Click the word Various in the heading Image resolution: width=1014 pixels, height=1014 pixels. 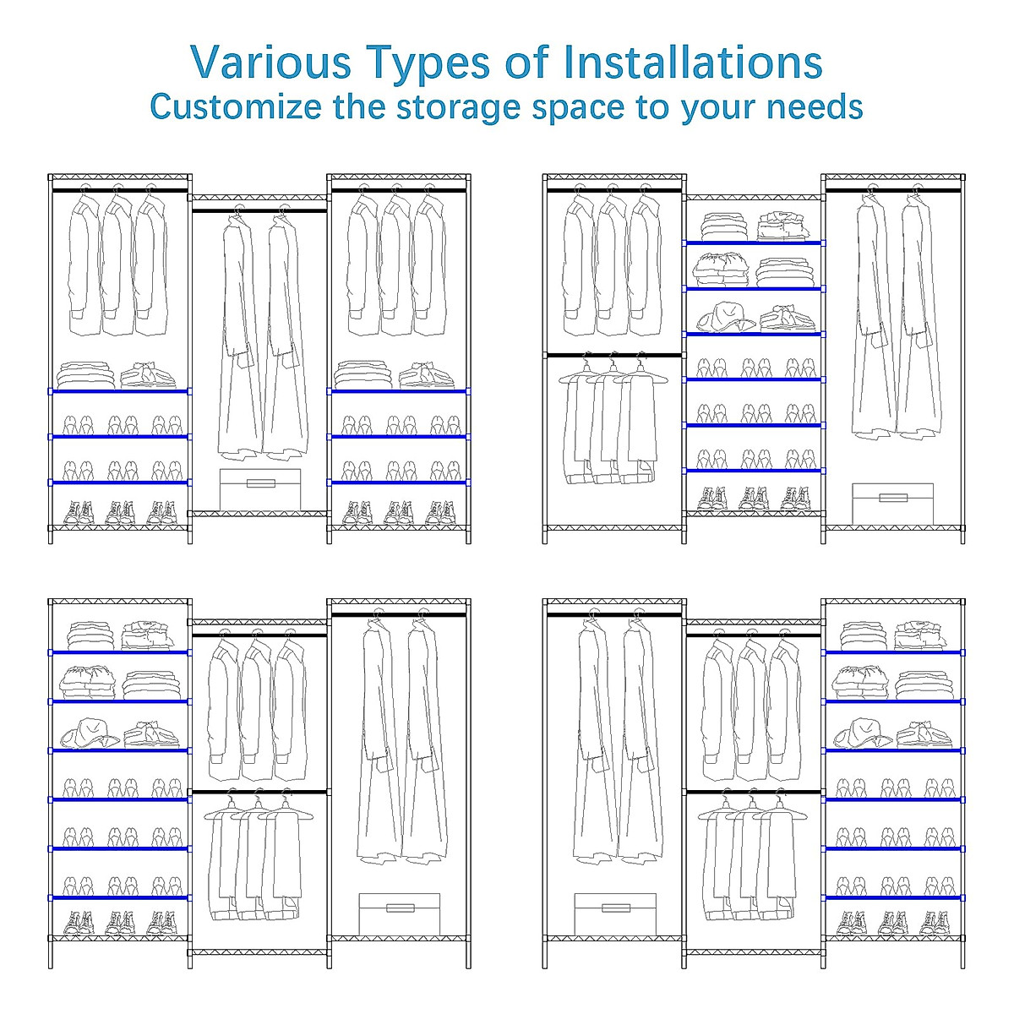[x=270, y=63]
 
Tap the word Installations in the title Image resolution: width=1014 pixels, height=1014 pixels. [x=693, y=63]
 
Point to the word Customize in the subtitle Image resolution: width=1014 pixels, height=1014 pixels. [x=236, y=107]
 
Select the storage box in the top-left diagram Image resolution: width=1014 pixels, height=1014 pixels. [x=260, y=489]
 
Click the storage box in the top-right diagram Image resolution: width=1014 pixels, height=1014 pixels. [x=892, y=504]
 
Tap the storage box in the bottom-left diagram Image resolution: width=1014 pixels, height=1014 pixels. [x=400, y=913]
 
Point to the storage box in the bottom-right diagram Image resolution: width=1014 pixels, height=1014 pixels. [x=615, y=913]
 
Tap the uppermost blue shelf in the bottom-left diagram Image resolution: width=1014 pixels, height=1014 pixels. [x=119, y=651]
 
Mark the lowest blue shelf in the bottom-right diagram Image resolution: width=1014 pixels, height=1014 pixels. [x=894, y=897]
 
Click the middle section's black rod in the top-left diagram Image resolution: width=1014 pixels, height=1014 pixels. [x=259, y=210]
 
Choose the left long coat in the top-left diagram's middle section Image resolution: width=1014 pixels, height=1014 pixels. [x=239, y=338]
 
